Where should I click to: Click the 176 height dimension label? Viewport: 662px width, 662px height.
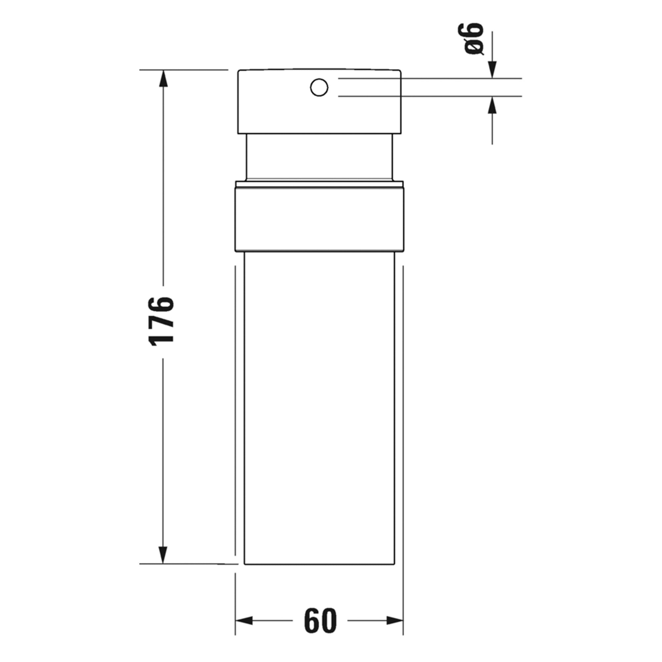[x=162, y=322]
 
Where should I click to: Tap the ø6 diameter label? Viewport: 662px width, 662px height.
[x=474, y=38]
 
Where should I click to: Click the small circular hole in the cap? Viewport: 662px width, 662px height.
[x=319, y=88]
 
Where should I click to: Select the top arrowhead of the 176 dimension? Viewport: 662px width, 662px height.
[x=163, y=78]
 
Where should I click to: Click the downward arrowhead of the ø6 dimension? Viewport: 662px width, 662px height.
[x=492, y=70]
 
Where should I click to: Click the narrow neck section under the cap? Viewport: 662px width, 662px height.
[x=319, y=157]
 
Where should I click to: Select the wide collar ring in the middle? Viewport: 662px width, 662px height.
[x=319, y=219]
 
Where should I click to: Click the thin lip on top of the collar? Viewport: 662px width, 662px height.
[x=319, y=184]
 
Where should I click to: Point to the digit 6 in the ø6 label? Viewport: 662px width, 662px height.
[x=474, y=31]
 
